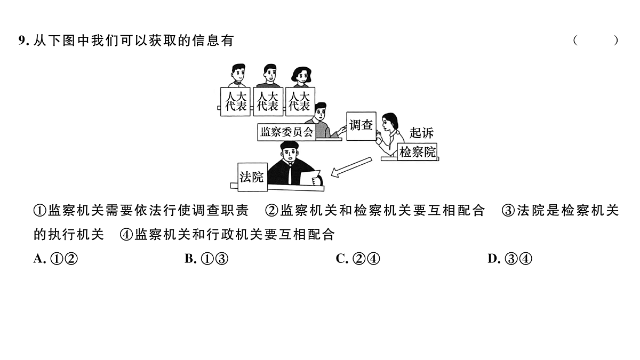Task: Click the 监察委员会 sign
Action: (x=286, y=132)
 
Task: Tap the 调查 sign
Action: (x=361, y=126)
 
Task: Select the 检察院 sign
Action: (x=417, y=152)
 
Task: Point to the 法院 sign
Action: (x=252, y=177)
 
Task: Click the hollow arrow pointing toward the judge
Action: (x=350, y=166)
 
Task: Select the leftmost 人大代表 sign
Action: (x=235, y=101)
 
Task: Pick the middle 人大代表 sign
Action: (x=267, y=101)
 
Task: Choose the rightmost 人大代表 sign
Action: (x=299, y=101)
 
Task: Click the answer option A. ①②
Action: (x=56, y=259)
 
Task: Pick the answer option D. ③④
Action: (x=510, y=259)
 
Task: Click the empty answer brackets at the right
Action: (x=596, y=41)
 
